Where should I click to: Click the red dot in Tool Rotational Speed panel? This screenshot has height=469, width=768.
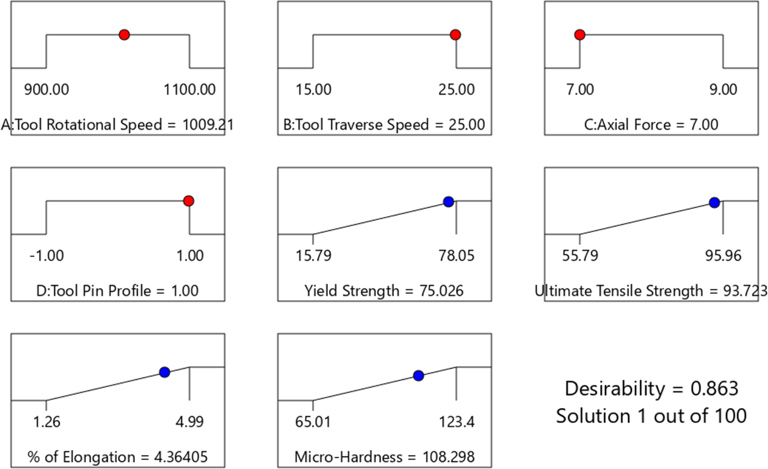(x=124, y=35)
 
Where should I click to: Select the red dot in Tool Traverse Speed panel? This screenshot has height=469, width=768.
(x=455, y=35)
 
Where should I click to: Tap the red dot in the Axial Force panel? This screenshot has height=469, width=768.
(x=580, y=35)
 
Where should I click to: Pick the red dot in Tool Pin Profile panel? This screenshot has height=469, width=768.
(x=188, y=201)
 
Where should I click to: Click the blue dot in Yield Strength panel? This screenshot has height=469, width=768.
(x=449, y=202)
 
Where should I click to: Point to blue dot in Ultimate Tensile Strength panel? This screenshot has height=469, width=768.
(x=714, y=203)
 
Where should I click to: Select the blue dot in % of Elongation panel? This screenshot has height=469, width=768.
(x=164, y=372)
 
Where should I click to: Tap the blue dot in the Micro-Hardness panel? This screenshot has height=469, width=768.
(x=418, y=376)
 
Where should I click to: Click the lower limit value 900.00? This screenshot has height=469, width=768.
(x=46, y=90)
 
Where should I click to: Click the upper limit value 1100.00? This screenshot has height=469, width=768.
(x=189, y=90)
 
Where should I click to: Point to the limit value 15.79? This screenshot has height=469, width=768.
(x=313, y=256)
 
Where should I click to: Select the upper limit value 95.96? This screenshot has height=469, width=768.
(x=723, y=256)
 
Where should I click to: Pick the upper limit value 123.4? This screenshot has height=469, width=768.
(x=456, y=422)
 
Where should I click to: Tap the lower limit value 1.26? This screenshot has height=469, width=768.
(x=46, y=422)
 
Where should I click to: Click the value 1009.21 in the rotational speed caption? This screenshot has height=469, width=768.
(x=208, y=125)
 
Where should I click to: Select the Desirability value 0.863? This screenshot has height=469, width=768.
(x=714, y=389)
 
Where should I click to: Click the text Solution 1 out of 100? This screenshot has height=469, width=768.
(x=651, y=416)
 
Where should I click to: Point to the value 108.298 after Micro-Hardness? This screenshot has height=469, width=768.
(x=449, y=457)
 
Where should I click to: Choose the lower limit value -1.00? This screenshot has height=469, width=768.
(x=47, y=256)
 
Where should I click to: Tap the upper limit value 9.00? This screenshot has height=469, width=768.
(x=723, y=90)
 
